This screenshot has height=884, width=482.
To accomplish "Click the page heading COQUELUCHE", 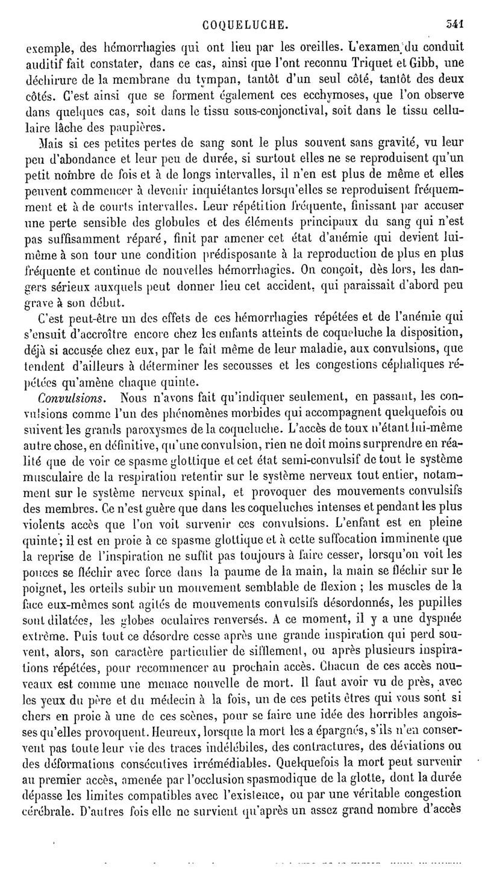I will pos(247,9).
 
